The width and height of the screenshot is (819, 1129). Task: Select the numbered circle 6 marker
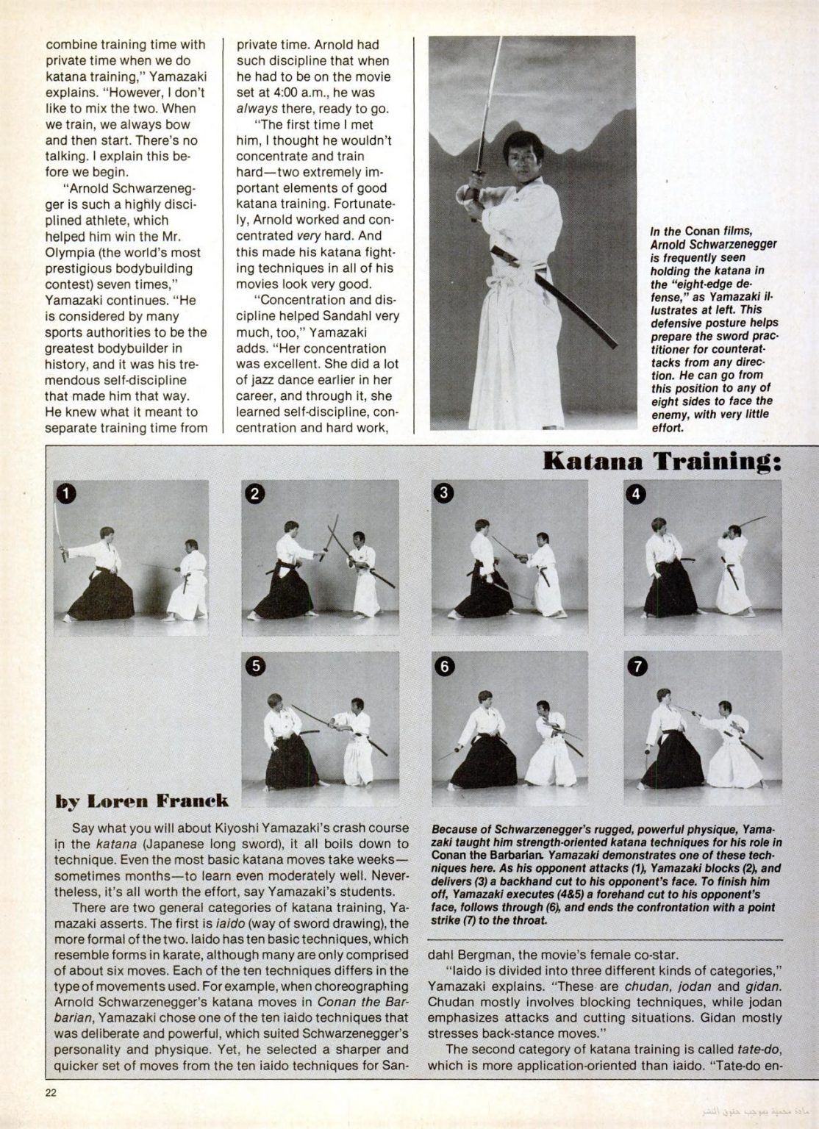tap(446, 666)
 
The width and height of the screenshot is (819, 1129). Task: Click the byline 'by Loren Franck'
tap(142, 800)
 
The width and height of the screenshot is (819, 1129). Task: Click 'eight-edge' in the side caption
tap(689, 283)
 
